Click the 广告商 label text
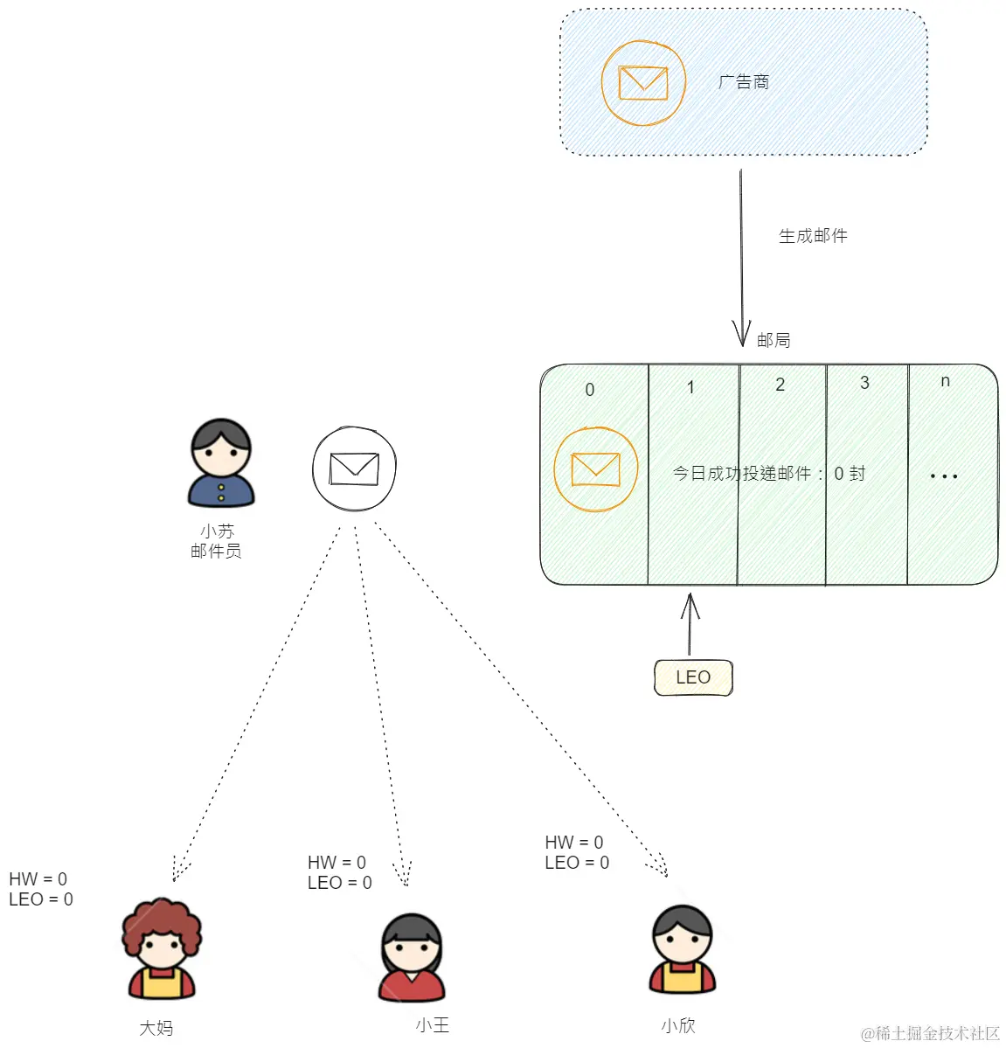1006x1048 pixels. tap(744, 82)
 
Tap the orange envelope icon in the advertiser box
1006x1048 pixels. tap(643, 83)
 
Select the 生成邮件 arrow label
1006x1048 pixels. tap(813, 236)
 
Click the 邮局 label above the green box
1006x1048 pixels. tap(774, 340)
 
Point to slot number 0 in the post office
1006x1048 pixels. tap(590, 390)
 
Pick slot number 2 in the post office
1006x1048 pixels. tap(781, 385)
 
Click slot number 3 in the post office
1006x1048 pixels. tap(864, 383)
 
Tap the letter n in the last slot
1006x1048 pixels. tap(945, 381)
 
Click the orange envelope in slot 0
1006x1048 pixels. tap(596, 469)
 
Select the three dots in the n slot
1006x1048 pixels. tap(944, 476)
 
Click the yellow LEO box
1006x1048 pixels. tap(693, 677)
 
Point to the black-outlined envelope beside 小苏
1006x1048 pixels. tap(354, 468)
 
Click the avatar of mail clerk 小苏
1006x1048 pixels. tap(221, 463)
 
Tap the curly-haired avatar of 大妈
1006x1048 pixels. tap(161, 949)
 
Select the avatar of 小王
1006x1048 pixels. tap(411, 958)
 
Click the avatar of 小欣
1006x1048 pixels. tap(683, 949)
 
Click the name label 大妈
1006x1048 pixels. tap(156, 1028)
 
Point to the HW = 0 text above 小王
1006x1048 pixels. tap(336, 863)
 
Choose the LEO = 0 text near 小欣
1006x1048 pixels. tap(577, 863)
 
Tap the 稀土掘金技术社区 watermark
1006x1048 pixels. tap(930, 1033)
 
